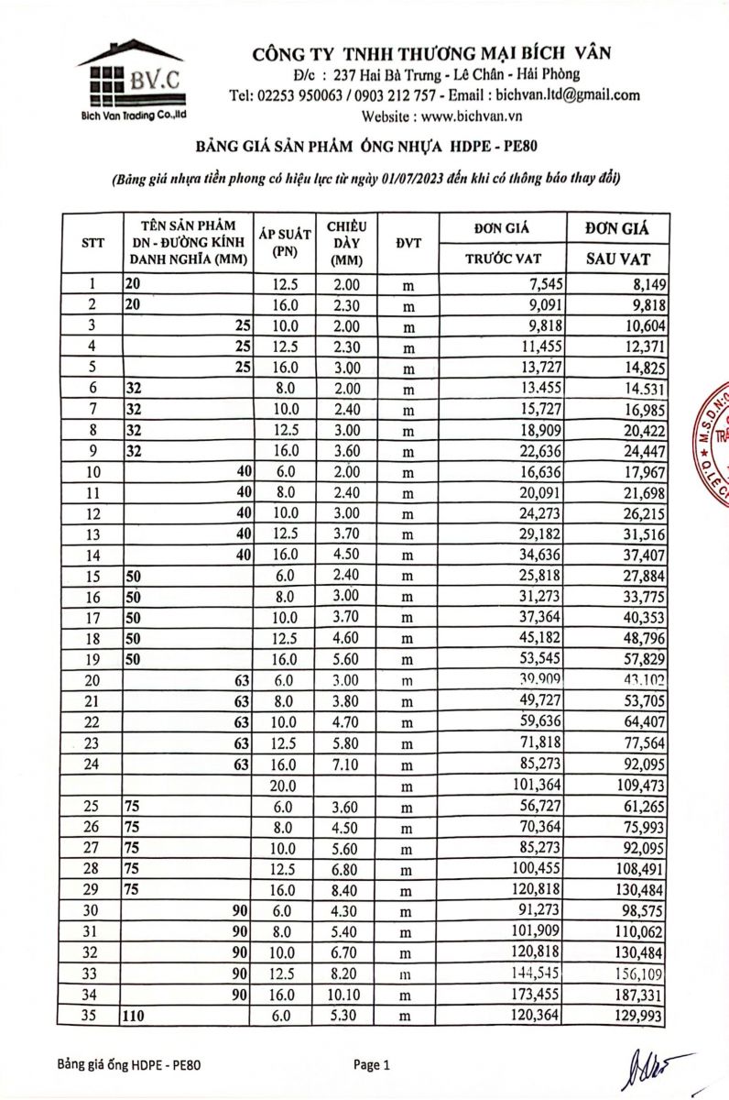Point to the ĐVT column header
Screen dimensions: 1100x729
(408, 243)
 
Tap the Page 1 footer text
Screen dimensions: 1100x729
(372, 1065)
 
